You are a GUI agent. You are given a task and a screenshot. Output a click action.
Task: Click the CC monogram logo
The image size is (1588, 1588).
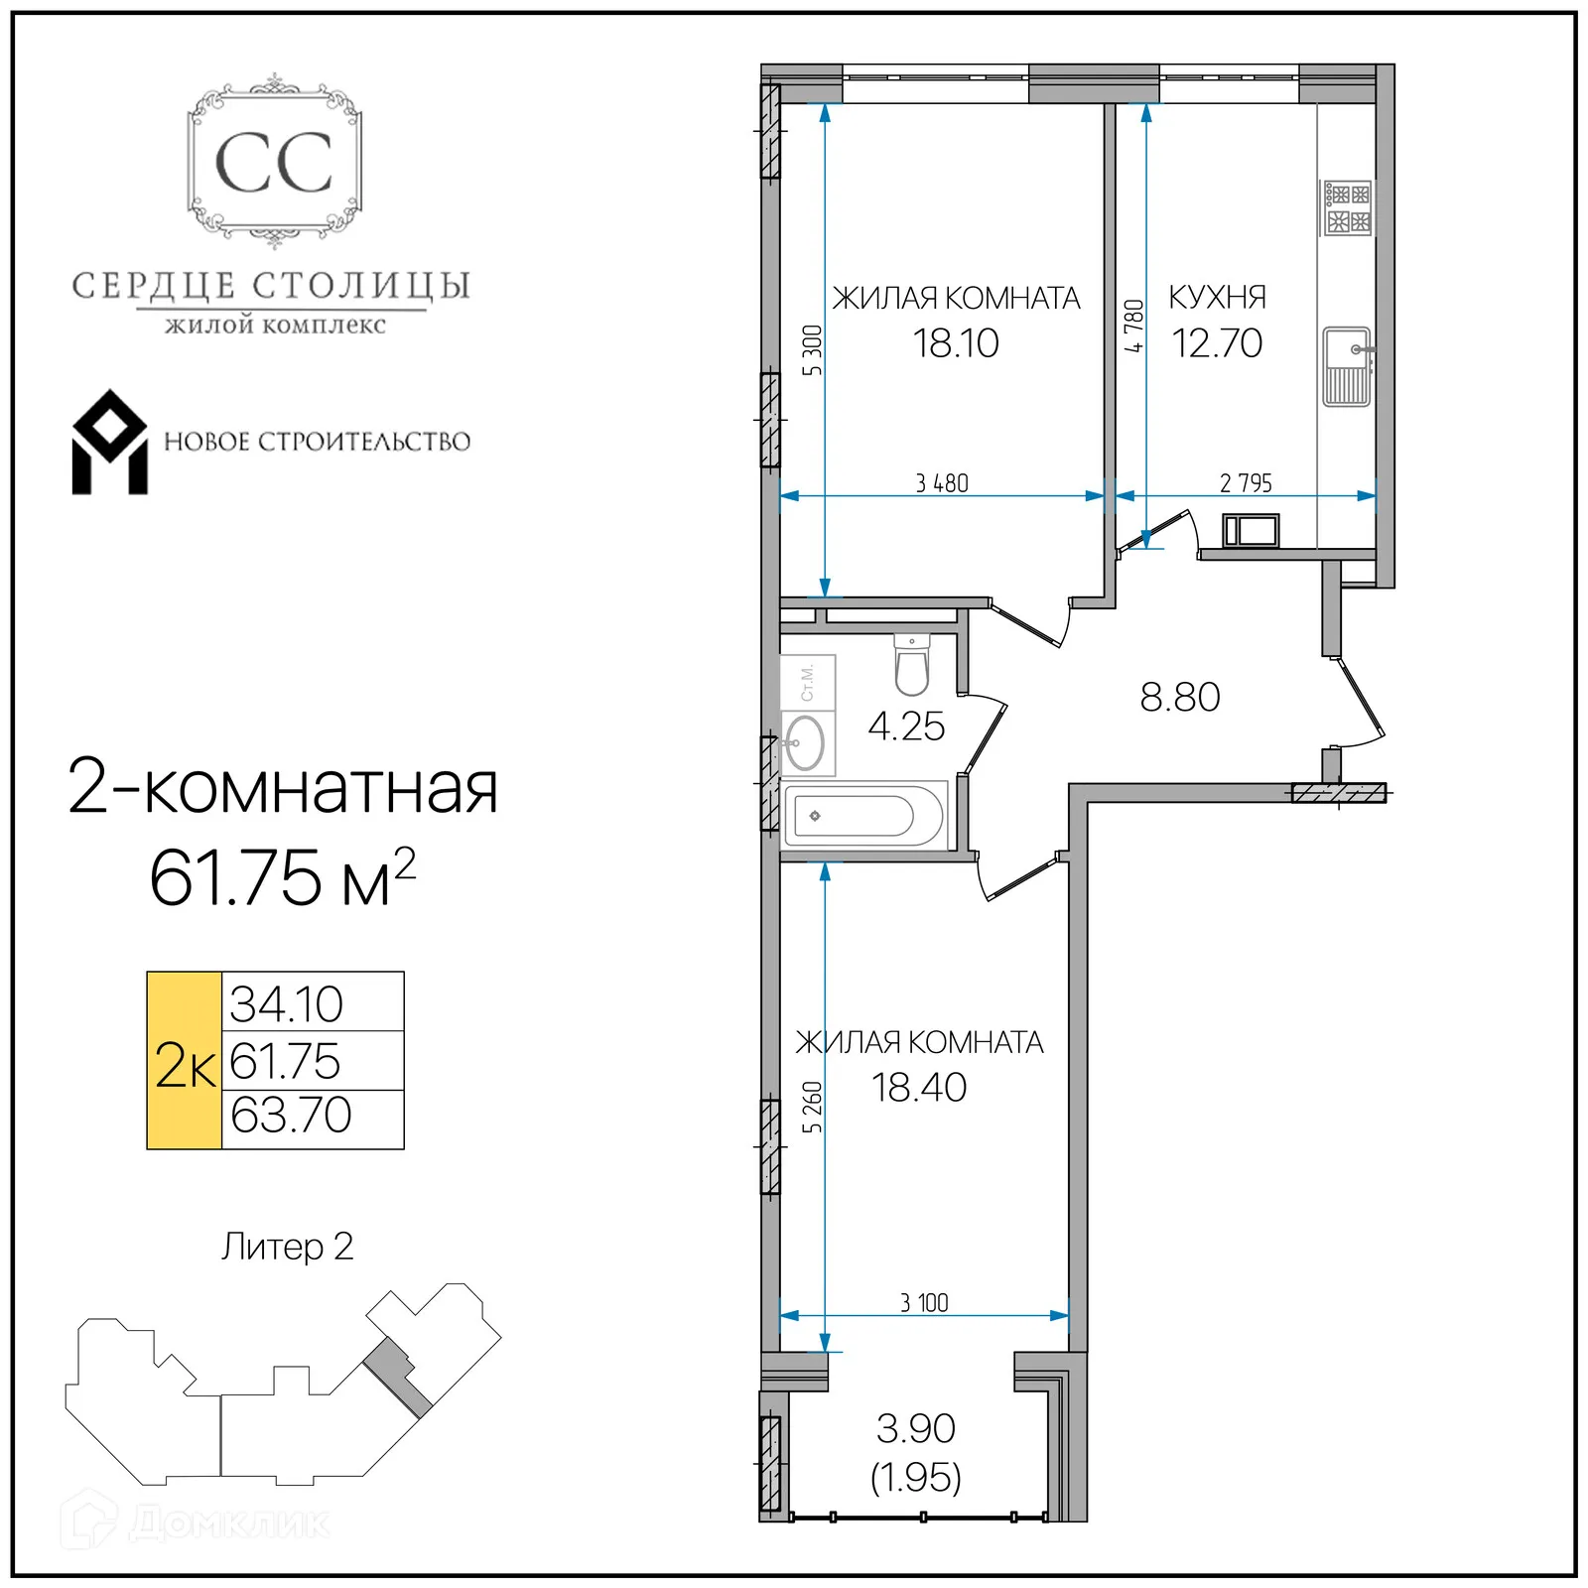click(274, 162)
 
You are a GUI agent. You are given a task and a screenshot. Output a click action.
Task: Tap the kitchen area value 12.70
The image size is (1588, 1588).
click(1216, 343)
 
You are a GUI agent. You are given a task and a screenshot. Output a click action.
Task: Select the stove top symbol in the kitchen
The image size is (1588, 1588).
click(1347, 208)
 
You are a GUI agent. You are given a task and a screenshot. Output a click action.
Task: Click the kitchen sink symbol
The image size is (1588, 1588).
click(1347, 366)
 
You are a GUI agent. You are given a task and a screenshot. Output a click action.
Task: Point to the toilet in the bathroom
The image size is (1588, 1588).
click(911, 664)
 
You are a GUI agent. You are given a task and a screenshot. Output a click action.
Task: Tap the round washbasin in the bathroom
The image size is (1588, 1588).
click(805, 742)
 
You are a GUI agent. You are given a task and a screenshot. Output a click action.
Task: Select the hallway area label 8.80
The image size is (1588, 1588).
click(1179, 697)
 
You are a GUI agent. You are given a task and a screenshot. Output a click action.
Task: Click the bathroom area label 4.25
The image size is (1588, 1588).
click(905, 727)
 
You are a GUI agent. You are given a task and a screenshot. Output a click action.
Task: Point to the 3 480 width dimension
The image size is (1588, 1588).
click(941, 483)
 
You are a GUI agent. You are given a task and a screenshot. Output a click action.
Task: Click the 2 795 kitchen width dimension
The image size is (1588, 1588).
click(1246, 483)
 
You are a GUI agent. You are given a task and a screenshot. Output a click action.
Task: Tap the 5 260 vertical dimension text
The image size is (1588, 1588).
click(813, 1107)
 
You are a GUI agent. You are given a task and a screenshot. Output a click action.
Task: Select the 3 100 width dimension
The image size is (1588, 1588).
click(924, 1303)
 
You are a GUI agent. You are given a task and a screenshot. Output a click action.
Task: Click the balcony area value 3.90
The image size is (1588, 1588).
click(915, 1428)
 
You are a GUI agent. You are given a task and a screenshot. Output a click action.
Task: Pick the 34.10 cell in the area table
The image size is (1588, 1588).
click(287, 1003)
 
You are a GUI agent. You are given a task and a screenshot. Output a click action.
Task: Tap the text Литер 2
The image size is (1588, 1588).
click(287, 1247)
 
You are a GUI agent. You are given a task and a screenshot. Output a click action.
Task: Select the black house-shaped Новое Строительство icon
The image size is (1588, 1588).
click(109, 443)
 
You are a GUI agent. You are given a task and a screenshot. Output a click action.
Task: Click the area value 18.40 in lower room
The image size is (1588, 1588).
click(919, 1088)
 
